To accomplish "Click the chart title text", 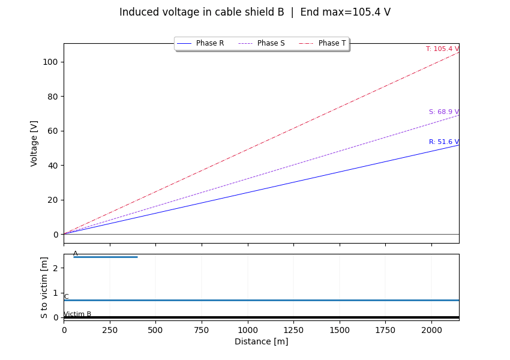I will click(x=254, y=12).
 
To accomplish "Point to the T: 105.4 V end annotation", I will click(x=442, y=49).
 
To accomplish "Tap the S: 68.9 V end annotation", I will click(x=443, y=112).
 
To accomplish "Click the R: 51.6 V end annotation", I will click(x=443, y=142).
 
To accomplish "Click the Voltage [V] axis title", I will click(x=34, y=143).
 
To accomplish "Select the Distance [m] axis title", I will click(x=261, y=342).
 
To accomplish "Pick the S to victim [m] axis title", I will click(x=44, y=287).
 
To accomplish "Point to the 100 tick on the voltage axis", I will click(x=54, y=62).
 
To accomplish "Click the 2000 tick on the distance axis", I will click(x=431, y=330).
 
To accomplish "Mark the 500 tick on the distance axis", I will click(x=155, y=330).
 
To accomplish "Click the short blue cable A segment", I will click(x=106, y=257).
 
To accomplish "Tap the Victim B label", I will click(x=77, y=314).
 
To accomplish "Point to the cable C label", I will click(x=66, y=297).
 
